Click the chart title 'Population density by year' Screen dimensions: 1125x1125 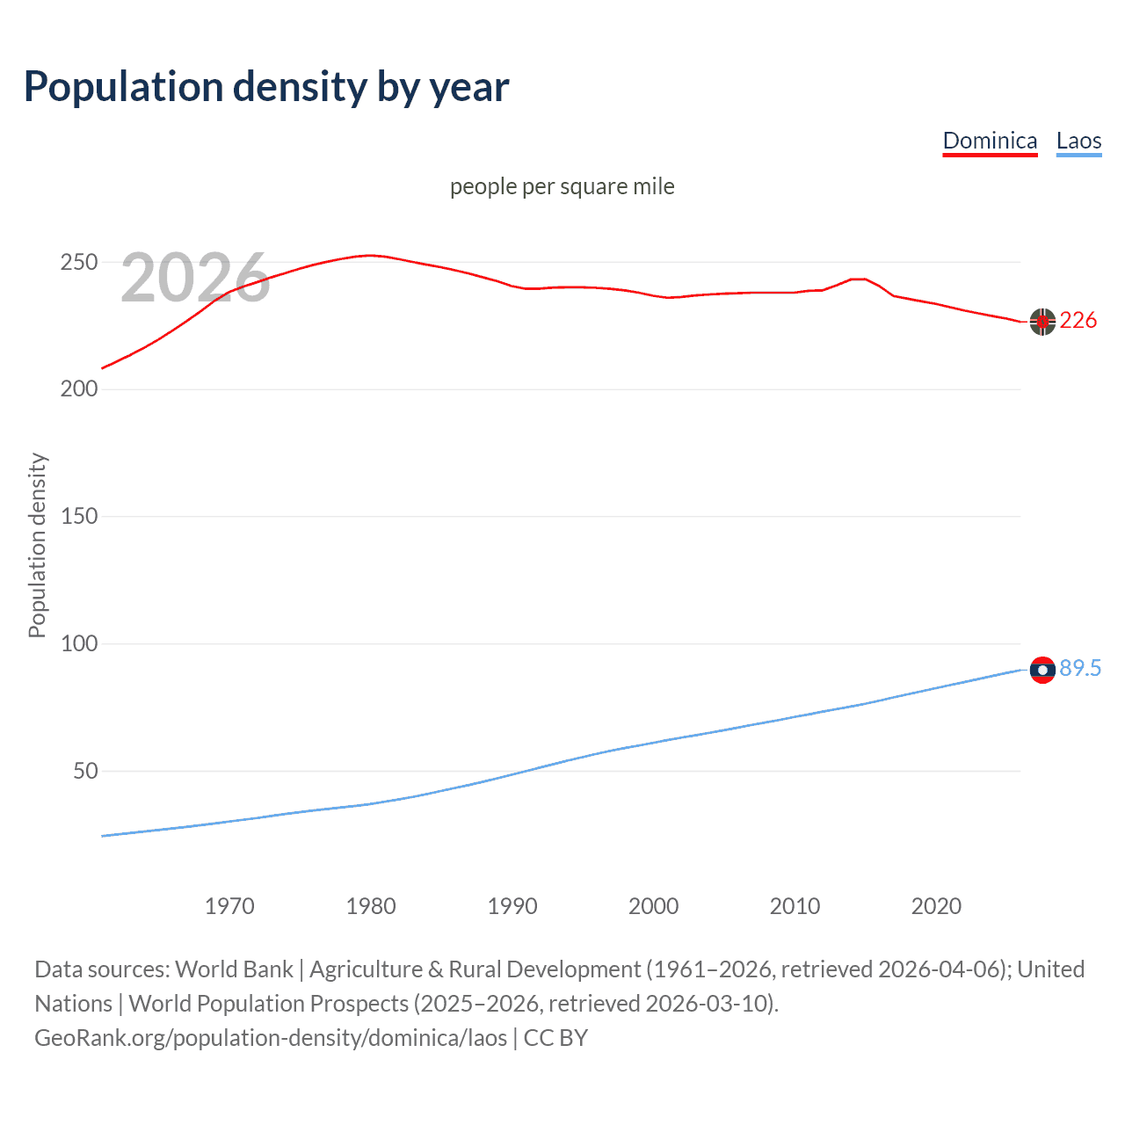point(266,87)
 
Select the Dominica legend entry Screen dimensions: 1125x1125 point(990,141)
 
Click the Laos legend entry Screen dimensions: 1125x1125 point(1078,141)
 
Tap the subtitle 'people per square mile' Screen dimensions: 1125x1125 point(562,187)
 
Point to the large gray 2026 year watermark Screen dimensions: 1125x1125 point(195,278)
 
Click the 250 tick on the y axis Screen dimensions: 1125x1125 point(78,263)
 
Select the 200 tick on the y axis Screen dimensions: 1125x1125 point(78,389)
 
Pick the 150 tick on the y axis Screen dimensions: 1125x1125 point(78,517)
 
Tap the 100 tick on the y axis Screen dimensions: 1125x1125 point(78,644)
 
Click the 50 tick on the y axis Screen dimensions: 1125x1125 point(85,772)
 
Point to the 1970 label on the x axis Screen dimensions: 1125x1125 point(229,906)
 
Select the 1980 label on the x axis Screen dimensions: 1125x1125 point(371,906)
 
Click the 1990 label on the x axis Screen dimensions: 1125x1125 point(512,906)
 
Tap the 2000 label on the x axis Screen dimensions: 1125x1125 point(654,906)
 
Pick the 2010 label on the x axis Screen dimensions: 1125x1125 point(795,906)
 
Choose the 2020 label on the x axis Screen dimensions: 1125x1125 point(937,906)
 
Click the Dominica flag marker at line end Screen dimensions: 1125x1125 point(1042,322)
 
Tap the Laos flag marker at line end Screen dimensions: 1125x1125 point(1042,670)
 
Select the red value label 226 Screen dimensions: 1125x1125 point(1078,321)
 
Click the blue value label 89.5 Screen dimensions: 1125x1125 point(1080,669)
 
